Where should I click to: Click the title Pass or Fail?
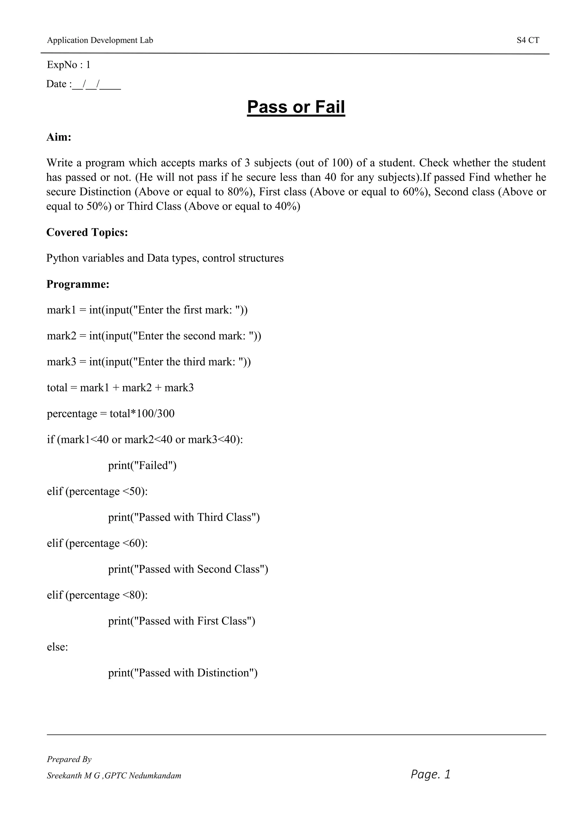[x=296, y=107]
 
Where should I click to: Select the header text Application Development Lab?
[x=100, y=40]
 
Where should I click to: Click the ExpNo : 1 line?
[x=68, y=65]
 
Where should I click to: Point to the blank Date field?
[x=96, y=85]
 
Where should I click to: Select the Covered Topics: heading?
[x=87, y=232]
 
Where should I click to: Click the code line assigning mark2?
[x=154, y=336]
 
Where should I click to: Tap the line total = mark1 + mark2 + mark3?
[x=120, y=388]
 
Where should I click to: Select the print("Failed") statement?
[x=142, y=465]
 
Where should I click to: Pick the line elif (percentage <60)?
[x=97, y=543]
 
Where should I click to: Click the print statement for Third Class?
[x=184, y=517]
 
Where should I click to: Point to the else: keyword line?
[x=57, y=647]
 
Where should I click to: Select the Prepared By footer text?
[x=69, y=759]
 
